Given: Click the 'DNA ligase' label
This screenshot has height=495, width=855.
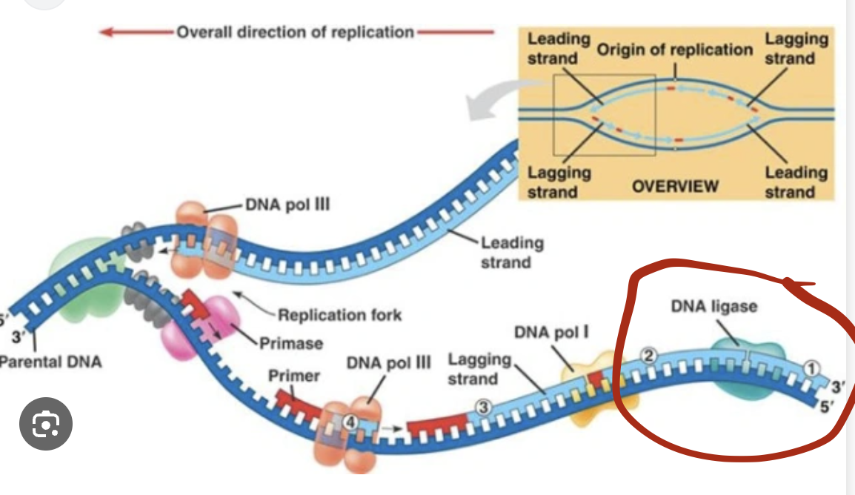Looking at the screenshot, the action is pyautogui.click(x=713, y=306).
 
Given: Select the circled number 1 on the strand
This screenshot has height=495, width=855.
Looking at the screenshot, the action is pyautogui.click(x=811, y=368).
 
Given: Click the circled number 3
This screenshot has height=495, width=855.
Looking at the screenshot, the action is pyautogui.click(x=482, y=408).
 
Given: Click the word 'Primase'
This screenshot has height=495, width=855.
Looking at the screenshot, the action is pyautogui.click(x=290, y=343).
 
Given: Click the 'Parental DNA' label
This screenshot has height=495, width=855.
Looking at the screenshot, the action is pyautogui.click(x=50, y=362).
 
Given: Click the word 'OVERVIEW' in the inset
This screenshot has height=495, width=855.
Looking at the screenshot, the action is pyautogui.click(x=674, y=185).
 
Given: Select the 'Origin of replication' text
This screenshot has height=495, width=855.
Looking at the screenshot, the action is pyautogui.click(x=674, y=50).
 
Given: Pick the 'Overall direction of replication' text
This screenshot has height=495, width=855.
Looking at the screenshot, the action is pyautogui.click(x=295, y=32).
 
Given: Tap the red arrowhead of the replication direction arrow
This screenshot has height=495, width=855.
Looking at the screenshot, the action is pyautogui.click(x=106, y=32).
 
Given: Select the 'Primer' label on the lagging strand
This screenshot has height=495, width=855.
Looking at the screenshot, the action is pyautogui.click(x=293, y=376).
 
